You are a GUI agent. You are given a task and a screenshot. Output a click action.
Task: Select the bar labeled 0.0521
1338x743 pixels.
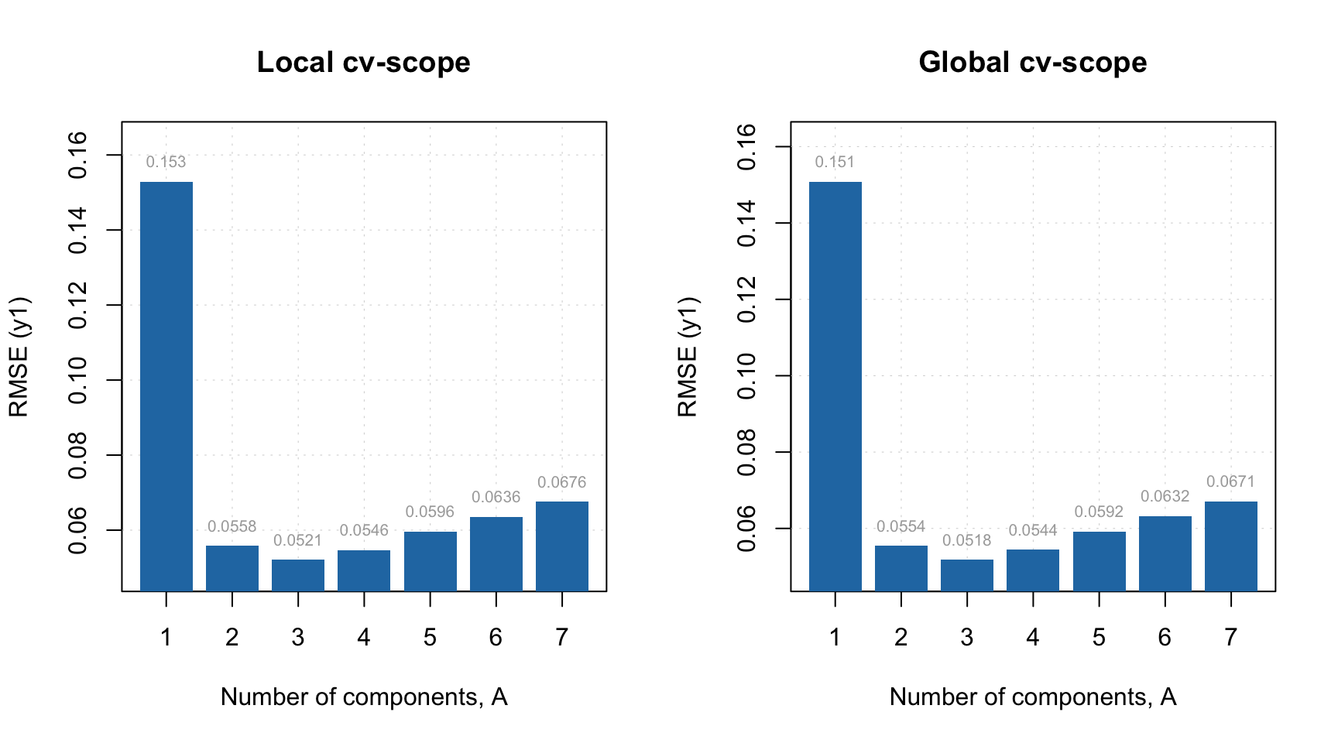pyautogui.click(x=298, y=575)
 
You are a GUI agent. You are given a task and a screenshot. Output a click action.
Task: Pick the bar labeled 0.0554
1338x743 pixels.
pyautogui.click(x=901, y=568)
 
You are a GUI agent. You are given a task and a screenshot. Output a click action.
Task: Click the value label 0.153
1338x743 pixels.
pyautogui.click(x=166, y=162)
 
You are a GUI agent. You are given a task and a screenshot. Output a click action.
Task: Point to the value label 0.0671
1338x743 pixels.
pyautogui.click(x=1230, y=481)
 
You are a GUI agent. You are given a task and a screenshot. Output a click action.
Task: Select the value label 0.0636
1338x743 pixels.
pyautogui.click(x=496, y=497)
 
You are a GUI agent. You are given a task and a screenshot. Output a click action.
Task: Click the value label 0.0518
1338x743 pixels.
pyautogui.click(x=966, y=540)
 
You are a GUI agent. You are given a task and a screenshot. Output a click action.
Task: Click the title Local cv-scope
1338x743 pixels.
pyautogui.click(x=363, y=62)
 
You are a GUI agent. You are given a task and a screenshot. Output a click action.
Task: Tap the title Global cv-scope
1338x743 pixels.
pyautogui.click(x=1032, y=62)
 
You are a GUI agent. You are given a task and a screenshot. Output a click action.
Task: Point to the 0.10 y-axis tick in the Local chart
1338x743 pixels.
pyautogui.click(x=78, y=380)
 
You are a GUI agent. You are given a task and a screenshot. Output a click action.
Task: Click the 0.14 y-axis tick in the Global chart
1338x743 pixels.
pyautogui.click(x=747, y=223)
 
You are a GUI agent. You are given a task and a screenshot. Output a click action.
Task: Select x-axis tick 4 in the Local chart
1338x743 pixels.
pyautogui.click(x=364, y=637)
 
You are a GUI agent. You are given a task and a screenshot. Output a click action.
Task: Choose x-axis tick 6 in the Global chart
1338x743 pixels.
pyautogui.click(x=1165, y=637)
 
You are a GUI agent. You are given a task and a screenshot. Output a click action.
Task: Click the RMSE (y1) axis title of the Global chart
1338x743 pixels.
pyautogui.click(x=687, y=356)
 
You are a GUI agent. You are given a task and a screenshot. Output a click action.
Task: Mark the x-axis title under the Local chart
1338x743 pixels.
pyautogui.click(x=363, y=697)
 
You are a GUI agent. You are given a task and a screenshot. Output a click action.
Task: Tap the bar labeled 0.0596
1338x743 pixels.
pyautogui.click(x=430, y=561)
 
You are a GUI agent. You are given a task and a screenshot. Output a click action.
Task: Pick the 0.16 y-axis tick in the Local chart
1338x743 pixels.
pyautogui.click(x=78, y=155)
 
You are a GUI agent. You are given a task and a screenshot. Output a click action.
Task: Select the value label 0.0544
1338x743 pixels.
pyautogui.click(x=1032, y=530)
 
